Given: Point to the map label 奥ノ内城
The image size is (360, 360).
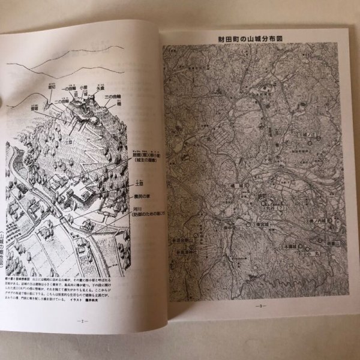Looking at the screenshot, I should point(316,221).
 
